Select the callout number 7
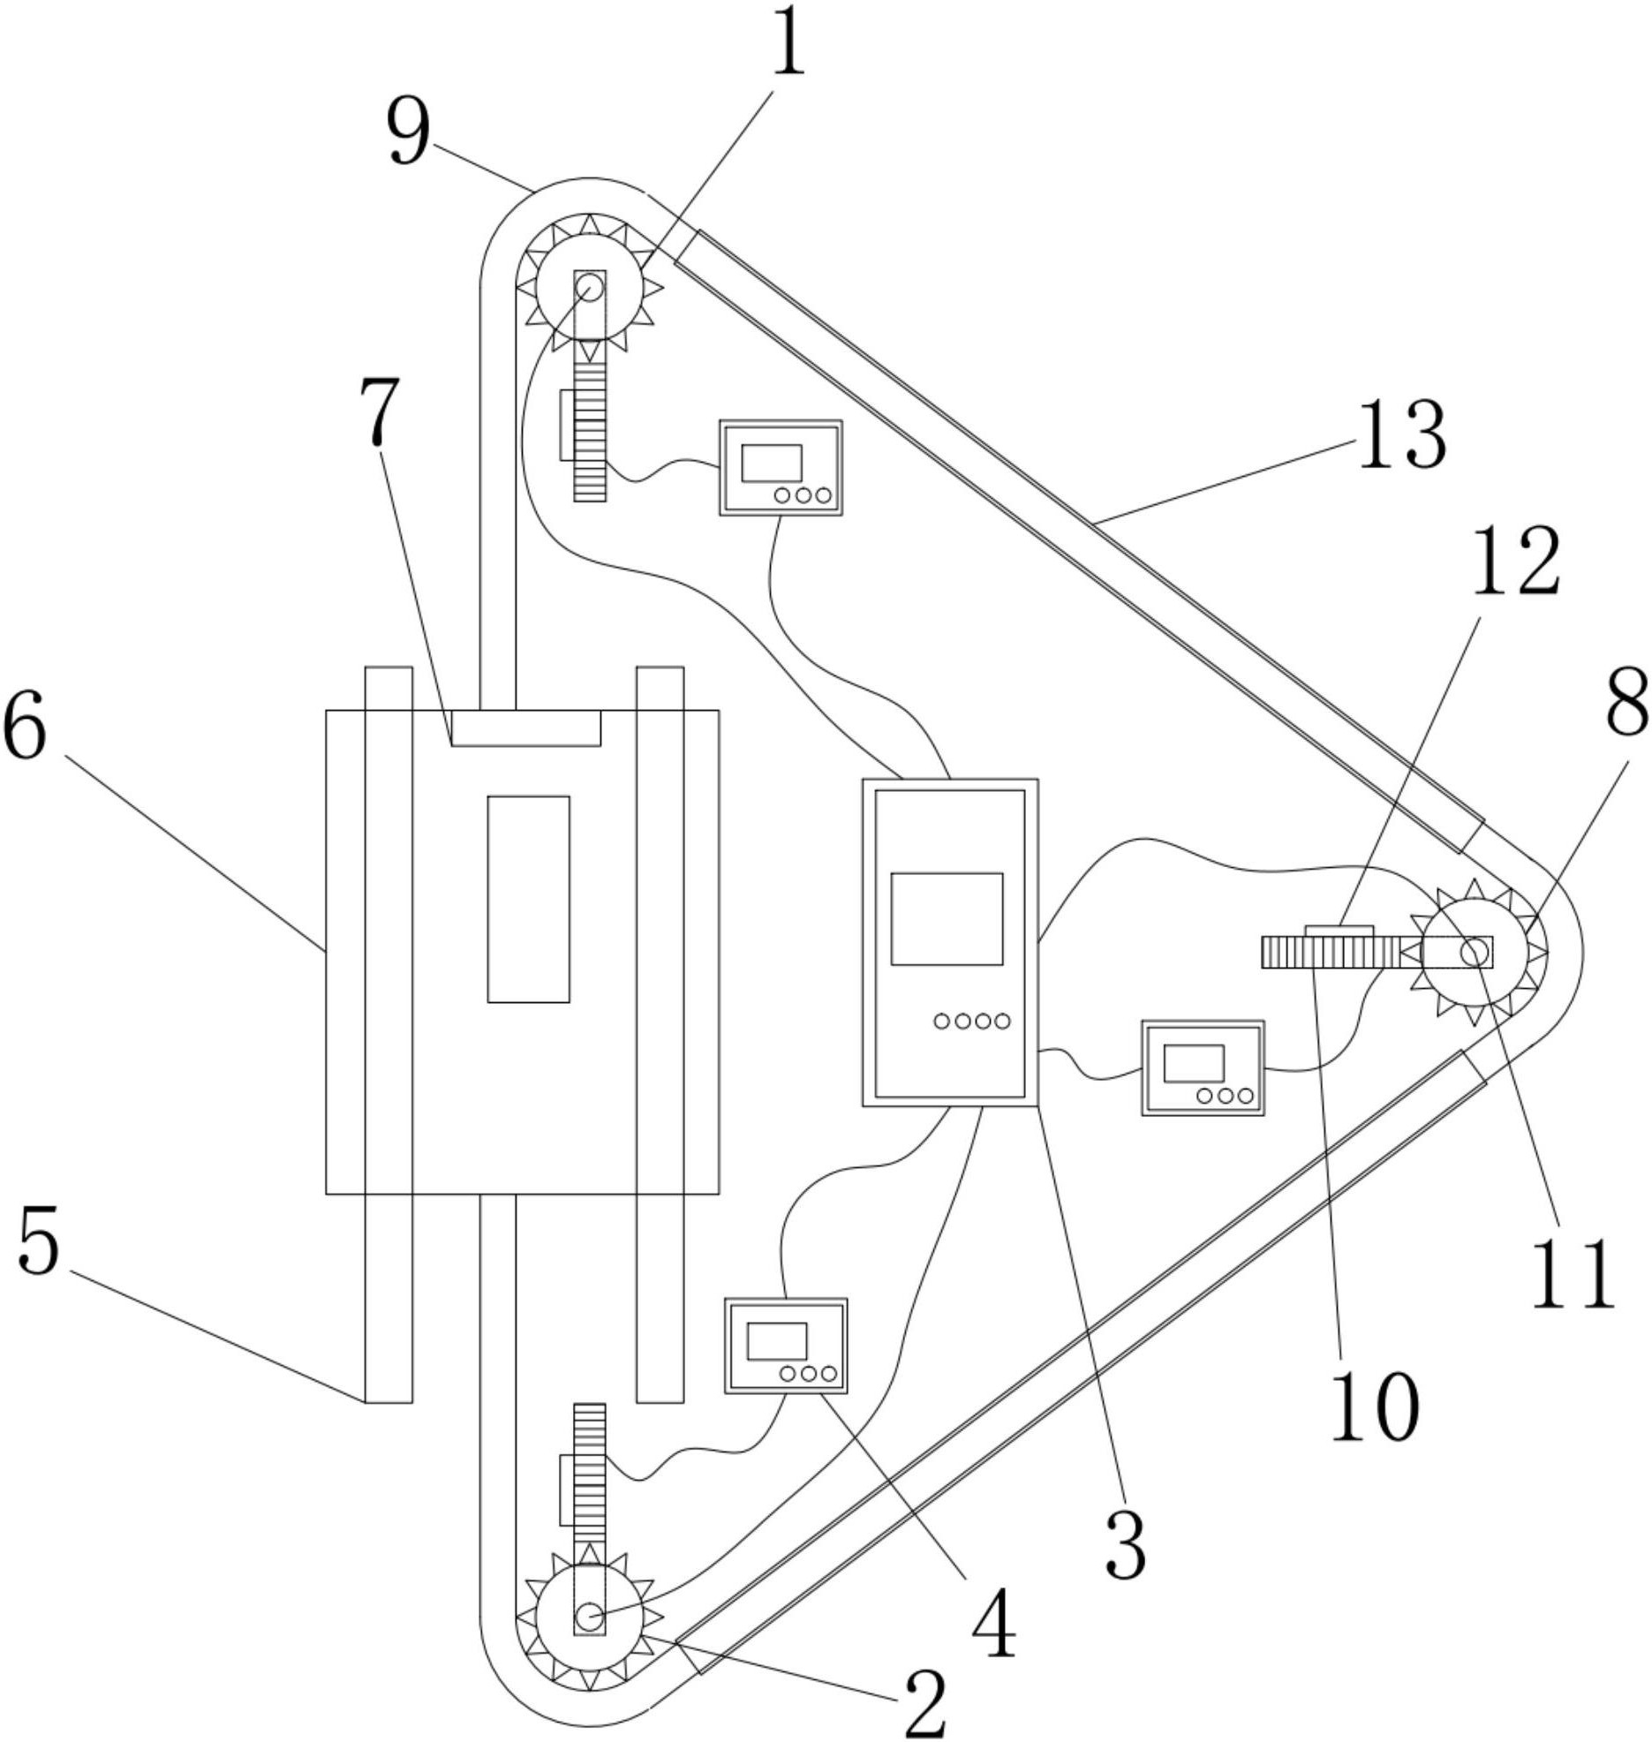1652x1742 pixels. (x=380, y=411)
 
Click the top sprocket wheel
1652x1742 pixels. (x=589, y=285)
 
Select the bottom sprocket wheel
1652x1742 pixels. (x=589, y=1617)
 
